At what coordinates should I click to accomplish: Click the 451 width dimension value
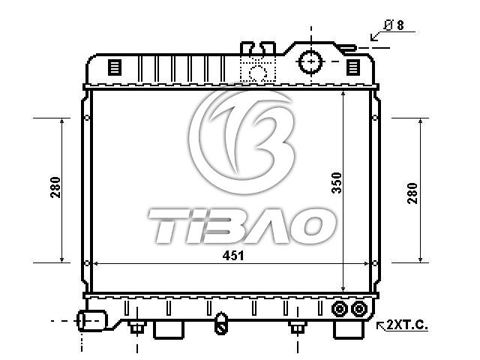233,256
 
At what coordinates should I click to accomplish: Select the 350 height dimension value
337,183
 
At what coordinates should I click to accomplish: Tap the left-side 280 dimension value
55,187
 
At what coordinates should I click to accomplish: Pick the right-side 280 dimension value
412,193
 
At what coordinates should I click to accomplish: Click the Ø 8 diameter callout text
394,25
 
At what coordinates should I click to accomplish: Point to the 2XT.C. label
406,325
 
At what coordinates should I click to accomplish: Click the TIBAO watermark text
241,226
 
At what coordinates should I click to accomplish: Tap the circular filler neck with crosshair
311,61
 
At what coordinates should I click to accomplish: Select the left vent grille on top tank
115,67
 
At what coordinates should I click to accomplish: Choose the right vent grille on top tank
353,67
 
